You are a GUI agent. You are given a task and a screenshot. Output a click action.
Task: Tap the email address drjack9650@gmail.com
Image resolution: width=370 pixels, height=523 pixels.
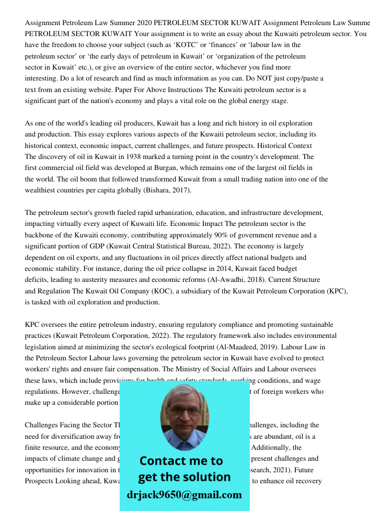click(184, 494)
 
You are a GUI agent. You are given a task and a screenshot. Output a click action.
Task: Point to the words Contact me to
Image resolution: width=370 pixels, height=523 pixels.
click(181, 461)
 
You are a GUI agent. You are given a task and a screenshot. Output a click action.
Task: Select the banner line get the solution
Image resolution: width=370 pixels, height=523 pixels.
click(184, 477)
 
